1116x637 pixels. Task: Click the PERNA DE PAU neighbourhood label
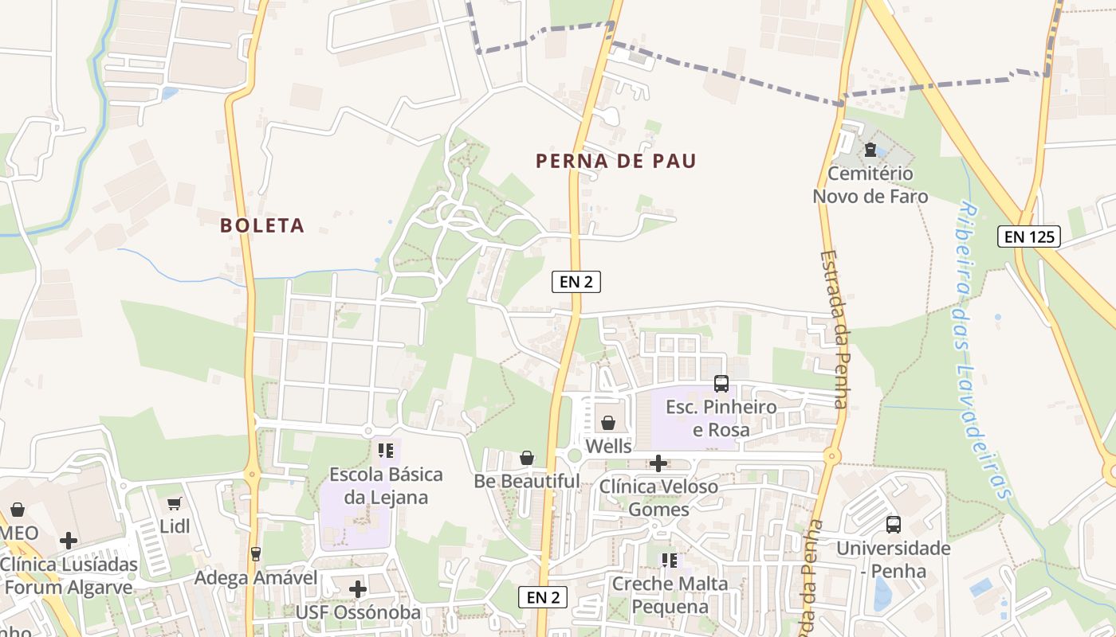pyautogui.click(x=615, y=162)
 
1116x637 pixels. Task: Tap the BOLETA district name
pyautogui.click(x=262, y=225)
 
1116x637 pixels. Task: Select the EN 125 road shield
pyautogui.click(x=1028, y=236)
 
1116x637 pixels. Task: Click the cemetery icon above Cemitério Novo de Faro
pyautogui.click(x=870, y=150)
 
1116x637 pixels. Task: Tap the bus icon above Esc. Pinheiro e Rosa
pyautogui.click(x=721, y=384)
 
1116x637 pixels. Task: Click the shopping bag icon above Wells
pyautogui.click(x=608, y=422)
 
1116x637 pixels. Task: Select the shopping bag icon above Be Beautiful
pyautogui.click(x=526, y=458)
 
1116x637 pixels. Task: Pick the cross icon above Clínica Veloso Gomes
pyautogui.click(x=658, y=463)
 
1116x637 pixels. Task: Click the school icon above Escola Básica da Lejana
pyautogui.click(x=386, y=451)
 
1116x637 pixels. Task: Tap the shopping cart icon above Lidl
pyautogui.click(x=175, y=503)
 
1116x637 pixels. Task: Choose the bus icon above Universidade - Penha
pyautogui.click(x=894, y=525)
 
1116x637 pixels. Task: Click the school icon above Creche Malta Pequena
pyautogui.click(x=670, y=561)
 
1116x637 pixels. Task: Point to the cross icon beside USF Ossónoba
pyautogui.click(x=358, y=589)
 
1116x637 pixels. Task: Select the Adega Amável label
pyautogui.click(x=255, y=577)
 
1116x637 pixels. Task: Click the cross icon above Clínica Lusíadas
pyautogui.click(x=69, y=541)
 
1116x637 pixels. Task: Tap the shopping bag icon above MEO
pyautogui.click(x=18, y=510)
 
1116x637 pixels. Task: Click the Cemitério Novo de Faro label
pyautogui.click(x=870, y=185)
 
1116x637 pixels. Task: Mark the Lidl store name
pyautogui.click(x=175, y=526)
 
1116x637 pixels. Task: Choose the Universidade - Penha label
pyautogui.click(x=893, y=560)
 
